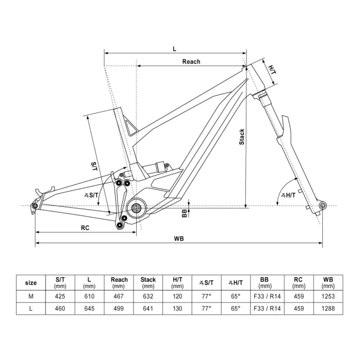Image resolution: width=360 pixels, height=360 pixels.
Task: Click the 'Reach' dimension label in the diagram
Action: (191, 61)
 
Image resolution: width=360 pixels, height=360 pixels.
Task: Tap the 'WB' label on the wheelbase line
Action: (178, 239)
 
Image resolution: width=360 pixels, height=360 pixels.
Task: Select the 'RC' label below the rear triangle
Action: (85, 227)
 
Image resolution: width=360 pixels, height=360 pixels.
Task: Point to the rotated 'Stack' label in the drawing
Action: (241, 137)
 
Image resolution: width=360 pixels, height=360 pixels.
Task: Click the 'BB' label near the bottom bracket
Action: (184, 213)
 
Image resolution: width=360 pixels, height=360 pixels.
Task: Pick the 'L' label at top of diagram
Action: (174, 49)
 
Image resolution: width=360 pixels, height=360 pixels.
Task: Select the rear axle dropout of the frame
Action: (35, 207)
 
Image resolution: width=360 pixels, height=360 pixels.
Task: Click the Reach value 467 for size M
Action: (119, 296)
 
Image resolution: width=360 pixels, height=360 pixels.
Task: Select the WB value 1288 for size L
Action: (328, 308)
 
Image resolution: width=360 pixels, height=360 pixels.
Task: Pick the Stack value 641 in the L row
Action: (148, 308)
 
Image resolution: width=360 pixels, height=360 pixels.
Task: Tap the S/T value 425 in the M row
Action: (61, 296)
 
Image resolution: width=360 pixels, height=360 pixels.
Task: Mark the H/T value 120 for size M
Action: (177, 296)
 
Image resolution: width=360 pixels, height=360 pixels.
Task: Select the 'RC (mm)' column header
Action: (299, 282)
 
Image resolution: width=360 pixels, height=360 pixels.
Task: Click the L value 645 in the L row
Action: (90, 308)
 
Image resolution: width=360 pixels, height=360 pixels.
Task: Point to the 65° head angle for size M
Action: (235, 296)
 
